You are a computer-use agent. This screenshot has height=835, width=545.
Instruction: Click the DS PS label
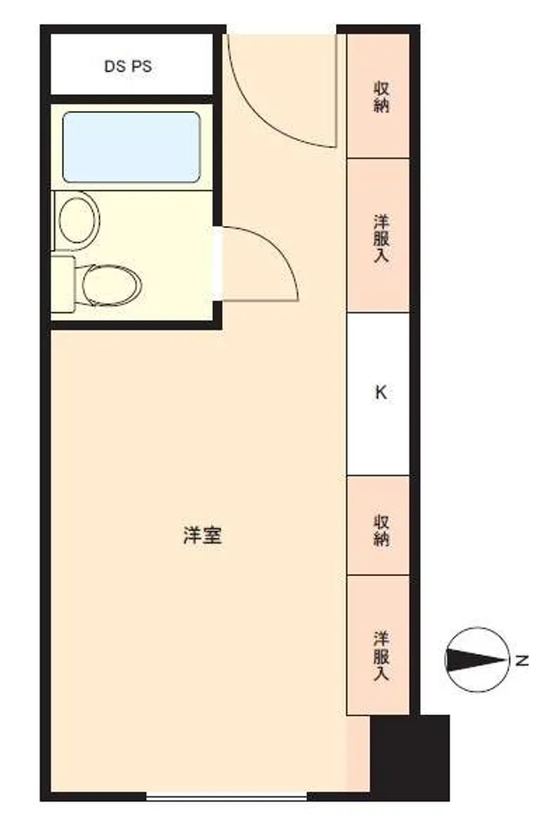pos(128,66)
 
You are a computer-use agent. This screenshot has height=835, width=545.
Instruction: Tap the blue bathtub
pos(132,147)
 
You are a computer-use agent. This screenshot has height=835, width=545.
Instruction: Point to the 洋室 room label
pos(202,534)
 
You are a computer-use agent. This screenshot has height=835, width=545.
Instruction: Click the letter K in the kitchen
pos(381,393)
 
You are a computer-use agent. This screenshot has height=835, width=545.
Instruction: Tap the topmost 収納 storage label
pos(381,97)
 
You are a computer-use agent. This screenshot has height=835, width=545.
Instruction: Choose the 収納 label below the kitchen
pos(381,530)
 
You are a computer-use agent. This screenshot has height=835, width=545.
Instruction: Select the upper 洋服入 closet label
pos(381,238)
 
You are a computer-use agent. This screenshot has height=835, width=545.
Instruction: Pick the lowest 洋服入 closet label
pos(381,656)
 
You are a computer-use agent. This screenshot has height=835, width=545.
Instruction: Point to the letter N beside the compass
pos(522,660)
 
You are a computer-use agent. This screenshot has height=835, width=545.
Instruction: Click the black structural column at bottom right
pos(410,757)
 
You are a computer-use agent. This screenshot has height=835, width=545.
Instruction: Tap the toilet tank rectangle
pos(63,284)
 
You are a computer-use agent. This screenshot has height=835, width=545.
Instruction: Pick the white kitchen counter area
pos(378,394)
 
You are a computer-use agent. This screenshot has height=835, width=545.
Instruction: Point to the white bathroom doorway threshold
pos(217,264)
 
